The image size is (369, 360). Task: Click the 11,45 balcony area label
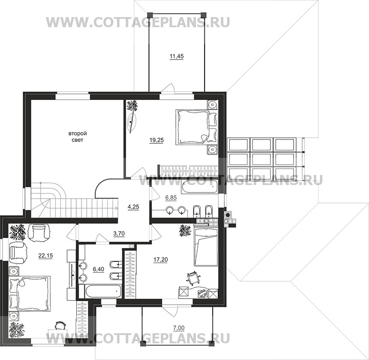pos(177,57)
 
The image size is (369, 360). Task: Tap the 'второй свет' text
pos(78,136)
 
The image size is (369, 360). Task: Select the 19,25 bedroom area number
pos(156,140)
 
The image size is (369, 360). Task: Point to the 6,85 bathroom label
pos(171,198)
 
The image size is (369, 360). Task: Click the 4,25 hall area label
pos(133,207)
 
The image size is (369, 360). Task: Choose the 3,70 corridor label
pos(119,234)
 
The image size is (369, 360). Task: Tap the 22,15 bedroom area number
pos(46,256)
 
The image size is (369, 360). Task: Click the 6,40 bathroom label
pos(98,269)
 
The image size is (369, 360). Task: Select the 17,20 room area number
pos(160,260)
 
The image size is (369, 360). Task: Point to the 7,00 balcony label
pos(179,328)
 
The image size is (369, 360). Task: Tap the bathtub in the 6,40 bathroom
pos(100,292)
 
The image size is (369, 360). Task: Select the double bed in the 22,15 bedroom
pos(29,293)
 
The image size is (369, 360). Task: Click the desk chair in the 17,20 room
pos(193,278)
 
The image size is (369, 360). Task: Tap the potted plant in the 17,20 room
pos(185,230)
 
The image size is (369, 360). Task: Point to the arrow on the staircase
pos(116,208)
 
